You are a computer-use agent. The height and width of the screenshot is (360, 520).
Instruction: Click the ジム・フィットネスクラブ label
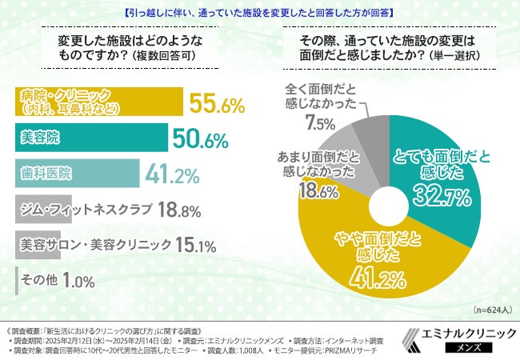pyautogui.click(x=85, y=210)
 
